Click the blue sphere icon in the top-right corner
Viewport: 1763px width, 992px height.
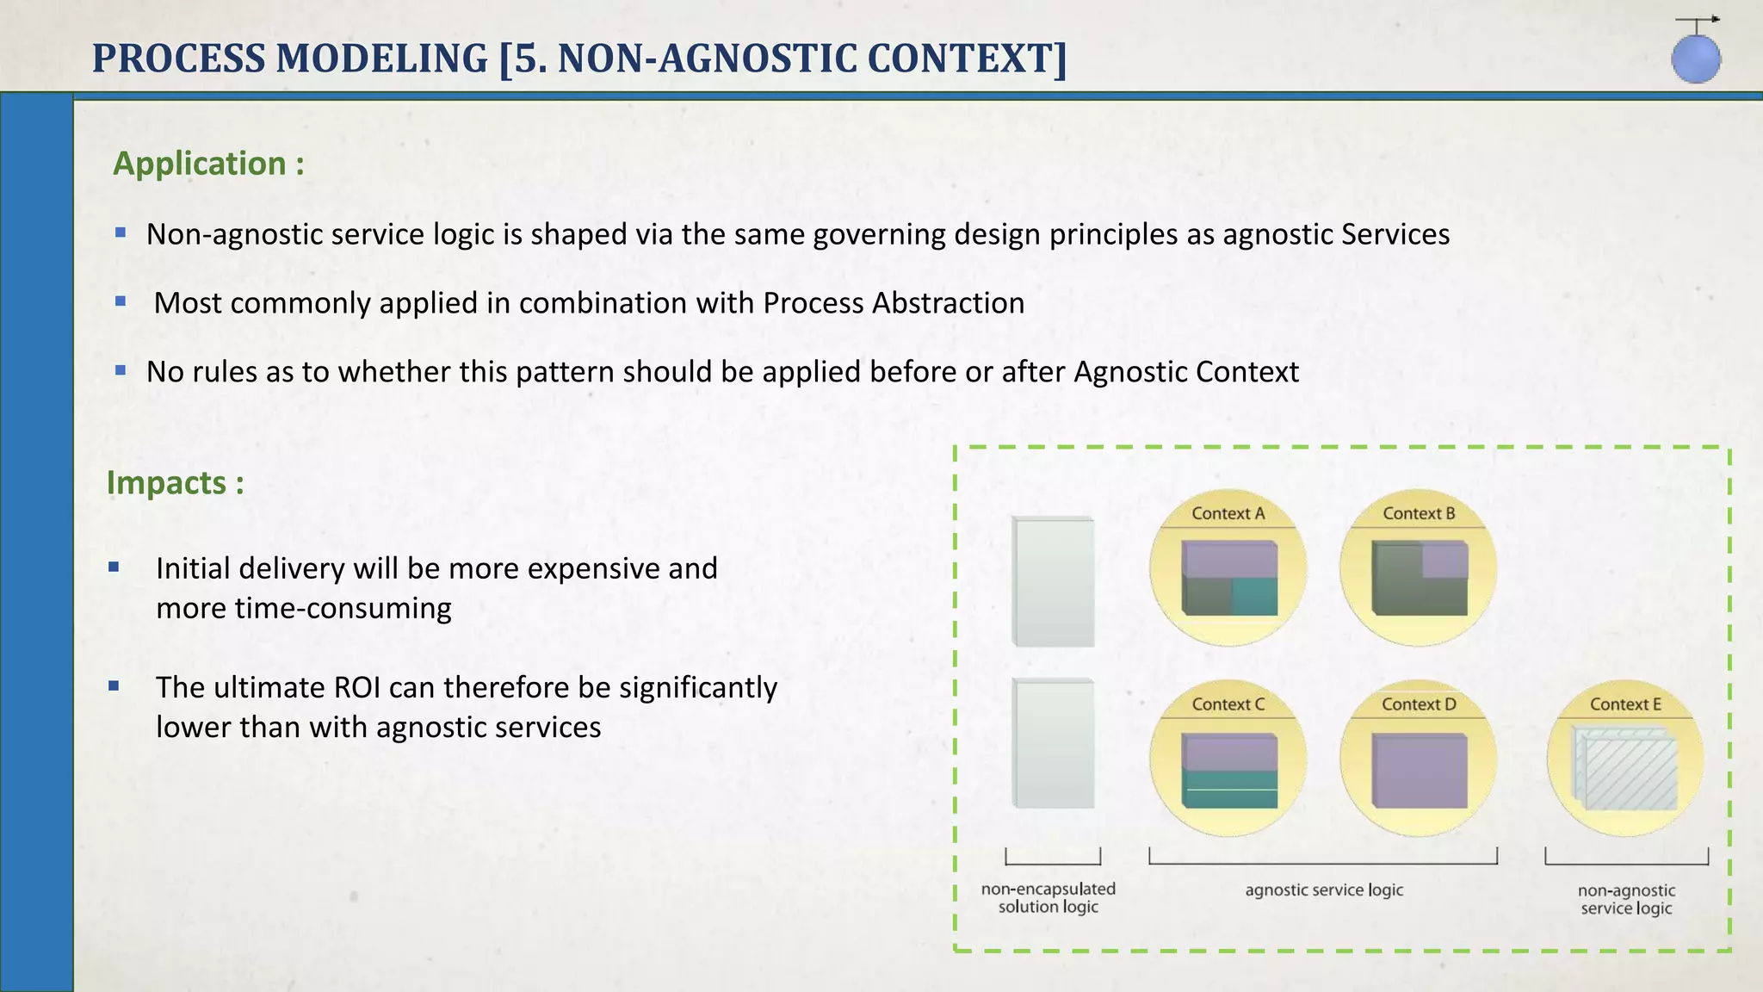pyautogui.click(x=1696, y=59)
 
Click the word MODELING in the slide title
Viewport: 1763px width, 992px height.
pyautogui.click(x=381, y=59)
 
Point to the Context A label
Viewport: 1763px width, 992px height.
pyautogui.click(x=1228, y=513)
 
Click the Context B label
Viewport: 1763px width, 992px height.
pyautogui.click(x=1419, y=513)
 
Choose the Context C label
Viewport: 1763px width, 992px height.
pyautogui.click(x=1228, y=704)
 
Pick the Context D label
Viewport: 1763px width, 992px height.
pyautogui.click(x=1419, y=704)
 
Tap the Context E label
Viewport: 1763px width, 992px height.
pyautogui.click(x=1625, y=704)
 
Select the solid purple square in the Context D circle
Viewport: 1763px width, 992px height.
pyautogui.click(x=1420, y=770)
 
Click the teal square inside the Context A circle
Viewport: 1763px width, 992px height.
pyautogui.click(x=1254, y=596)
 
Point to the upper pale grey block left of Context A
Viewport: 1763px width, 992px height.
pyautogui.click(x=1054, y=581)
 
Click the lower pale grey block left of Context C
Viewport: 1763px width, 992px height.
pyautogui.click(x=1054, y=743)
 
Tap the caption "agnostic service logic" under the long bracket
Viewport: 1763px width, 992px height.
pyautogui.click(x=1324, y=890)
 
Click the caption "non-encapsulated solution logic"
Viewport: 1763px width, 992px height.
pyautogui.click(x=1049, y=897)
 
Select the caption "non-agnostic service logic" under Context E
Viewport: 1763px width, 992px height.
pyautogui.click(x=1626, y=899)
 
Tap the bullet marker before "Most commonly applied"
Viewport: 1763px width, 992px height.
pyautogui.click(x=121, y=301)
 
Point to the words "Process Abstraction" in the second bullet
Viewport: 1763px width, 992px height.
pyautogui.click(x=894, y=303)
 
